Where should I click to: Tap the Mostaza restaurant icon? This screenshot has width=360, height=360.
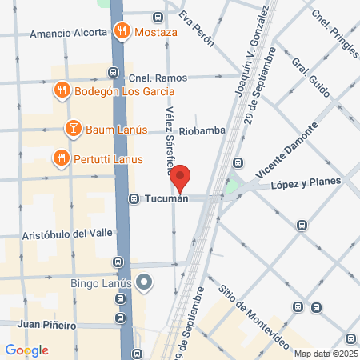point(121,33)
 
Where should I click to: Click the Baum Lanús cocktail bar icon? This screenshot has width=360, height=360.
point(72,128)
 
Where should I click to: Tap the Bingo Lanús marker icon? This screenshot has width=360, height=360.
point(144,282)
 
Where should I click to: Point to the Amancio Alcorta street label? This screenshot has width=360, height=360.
point(68,34)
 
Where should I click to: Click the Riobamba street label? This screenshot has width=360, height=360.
point(202,130)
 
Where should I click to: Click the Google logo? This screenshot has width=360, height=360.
point(26,350)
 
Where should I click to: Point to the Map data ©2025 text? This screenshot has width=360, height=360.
point(325,354)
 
